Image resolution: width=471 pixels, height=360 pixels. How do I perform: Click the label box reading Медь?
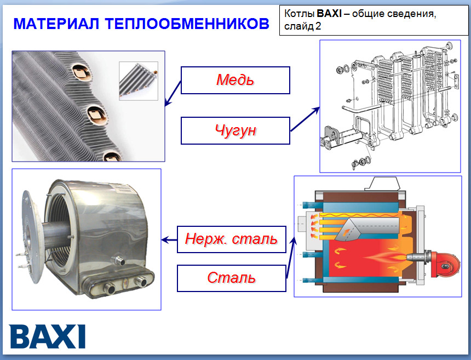point(235,80)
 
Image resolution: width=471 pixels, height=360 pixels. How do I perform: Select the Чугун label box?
point(235,130)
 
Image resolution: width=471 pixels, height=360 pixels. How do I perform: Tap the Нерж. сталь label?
point(231,239)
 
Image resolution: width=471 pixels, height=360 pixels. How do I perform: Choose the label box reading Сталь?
point(231,278)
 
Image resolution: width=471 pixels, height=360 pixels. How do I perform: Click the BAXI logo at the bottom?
point(48,336)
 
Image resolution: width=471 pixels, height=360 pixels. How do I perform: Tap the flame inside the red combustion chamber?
point(383,256)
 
